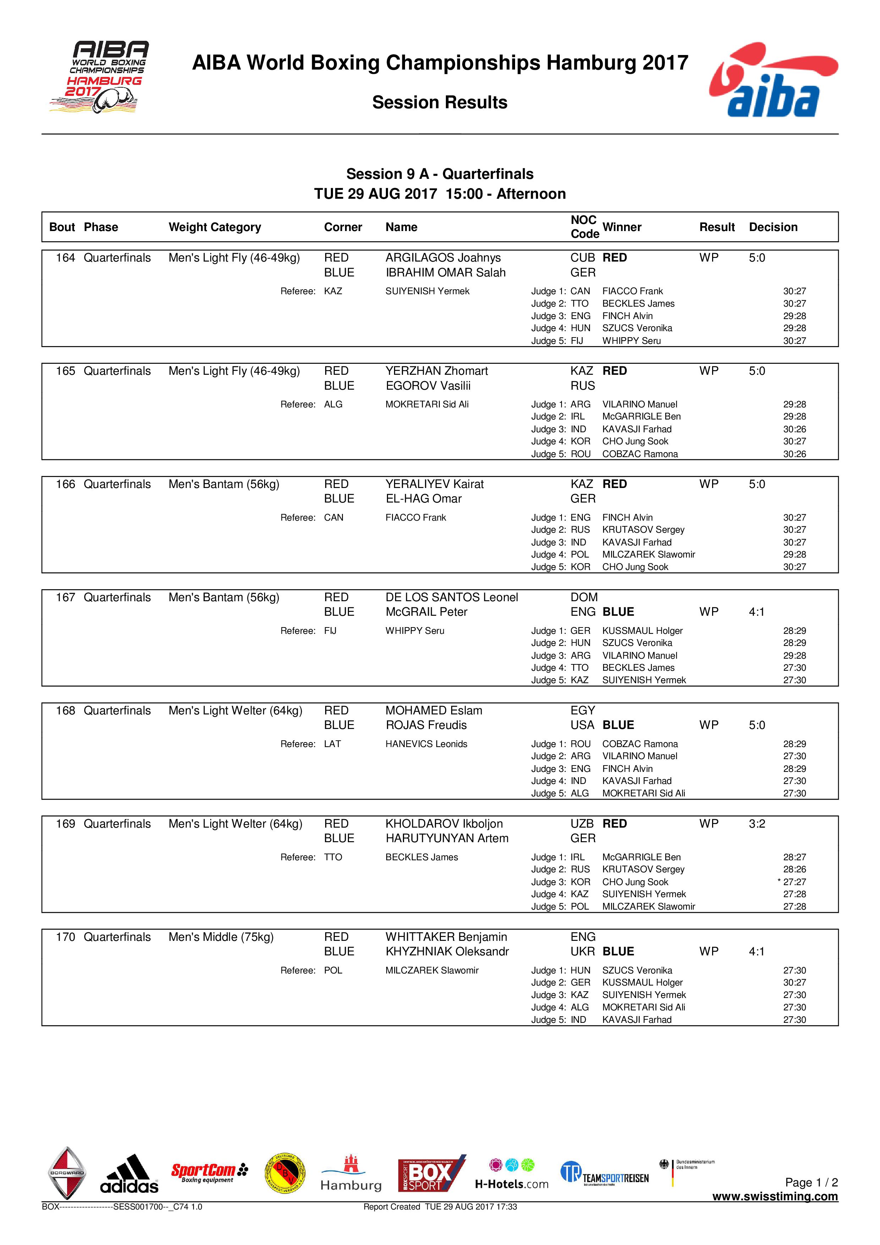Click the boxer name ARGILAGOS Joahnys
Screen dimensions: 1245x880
tap(443, 258)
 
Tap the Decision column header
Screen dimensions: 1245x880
tap(773, 227)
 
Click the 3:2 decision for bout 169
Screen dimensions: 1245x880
tap(756, 824)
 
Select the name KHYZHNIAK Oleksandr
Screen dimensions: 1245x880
tap(447, 951)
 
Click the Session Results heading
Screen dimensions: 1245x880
tap(440, 103)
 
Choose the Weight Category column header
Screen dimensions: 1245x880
tap(215, 227)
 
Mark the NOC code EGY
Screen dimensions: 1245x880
tap(583, 711)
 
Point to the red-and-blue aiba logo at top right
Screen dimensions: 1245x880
tap(773, 80)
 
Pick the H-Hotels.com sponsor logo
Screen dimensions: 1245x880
tap(511, 1174)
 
